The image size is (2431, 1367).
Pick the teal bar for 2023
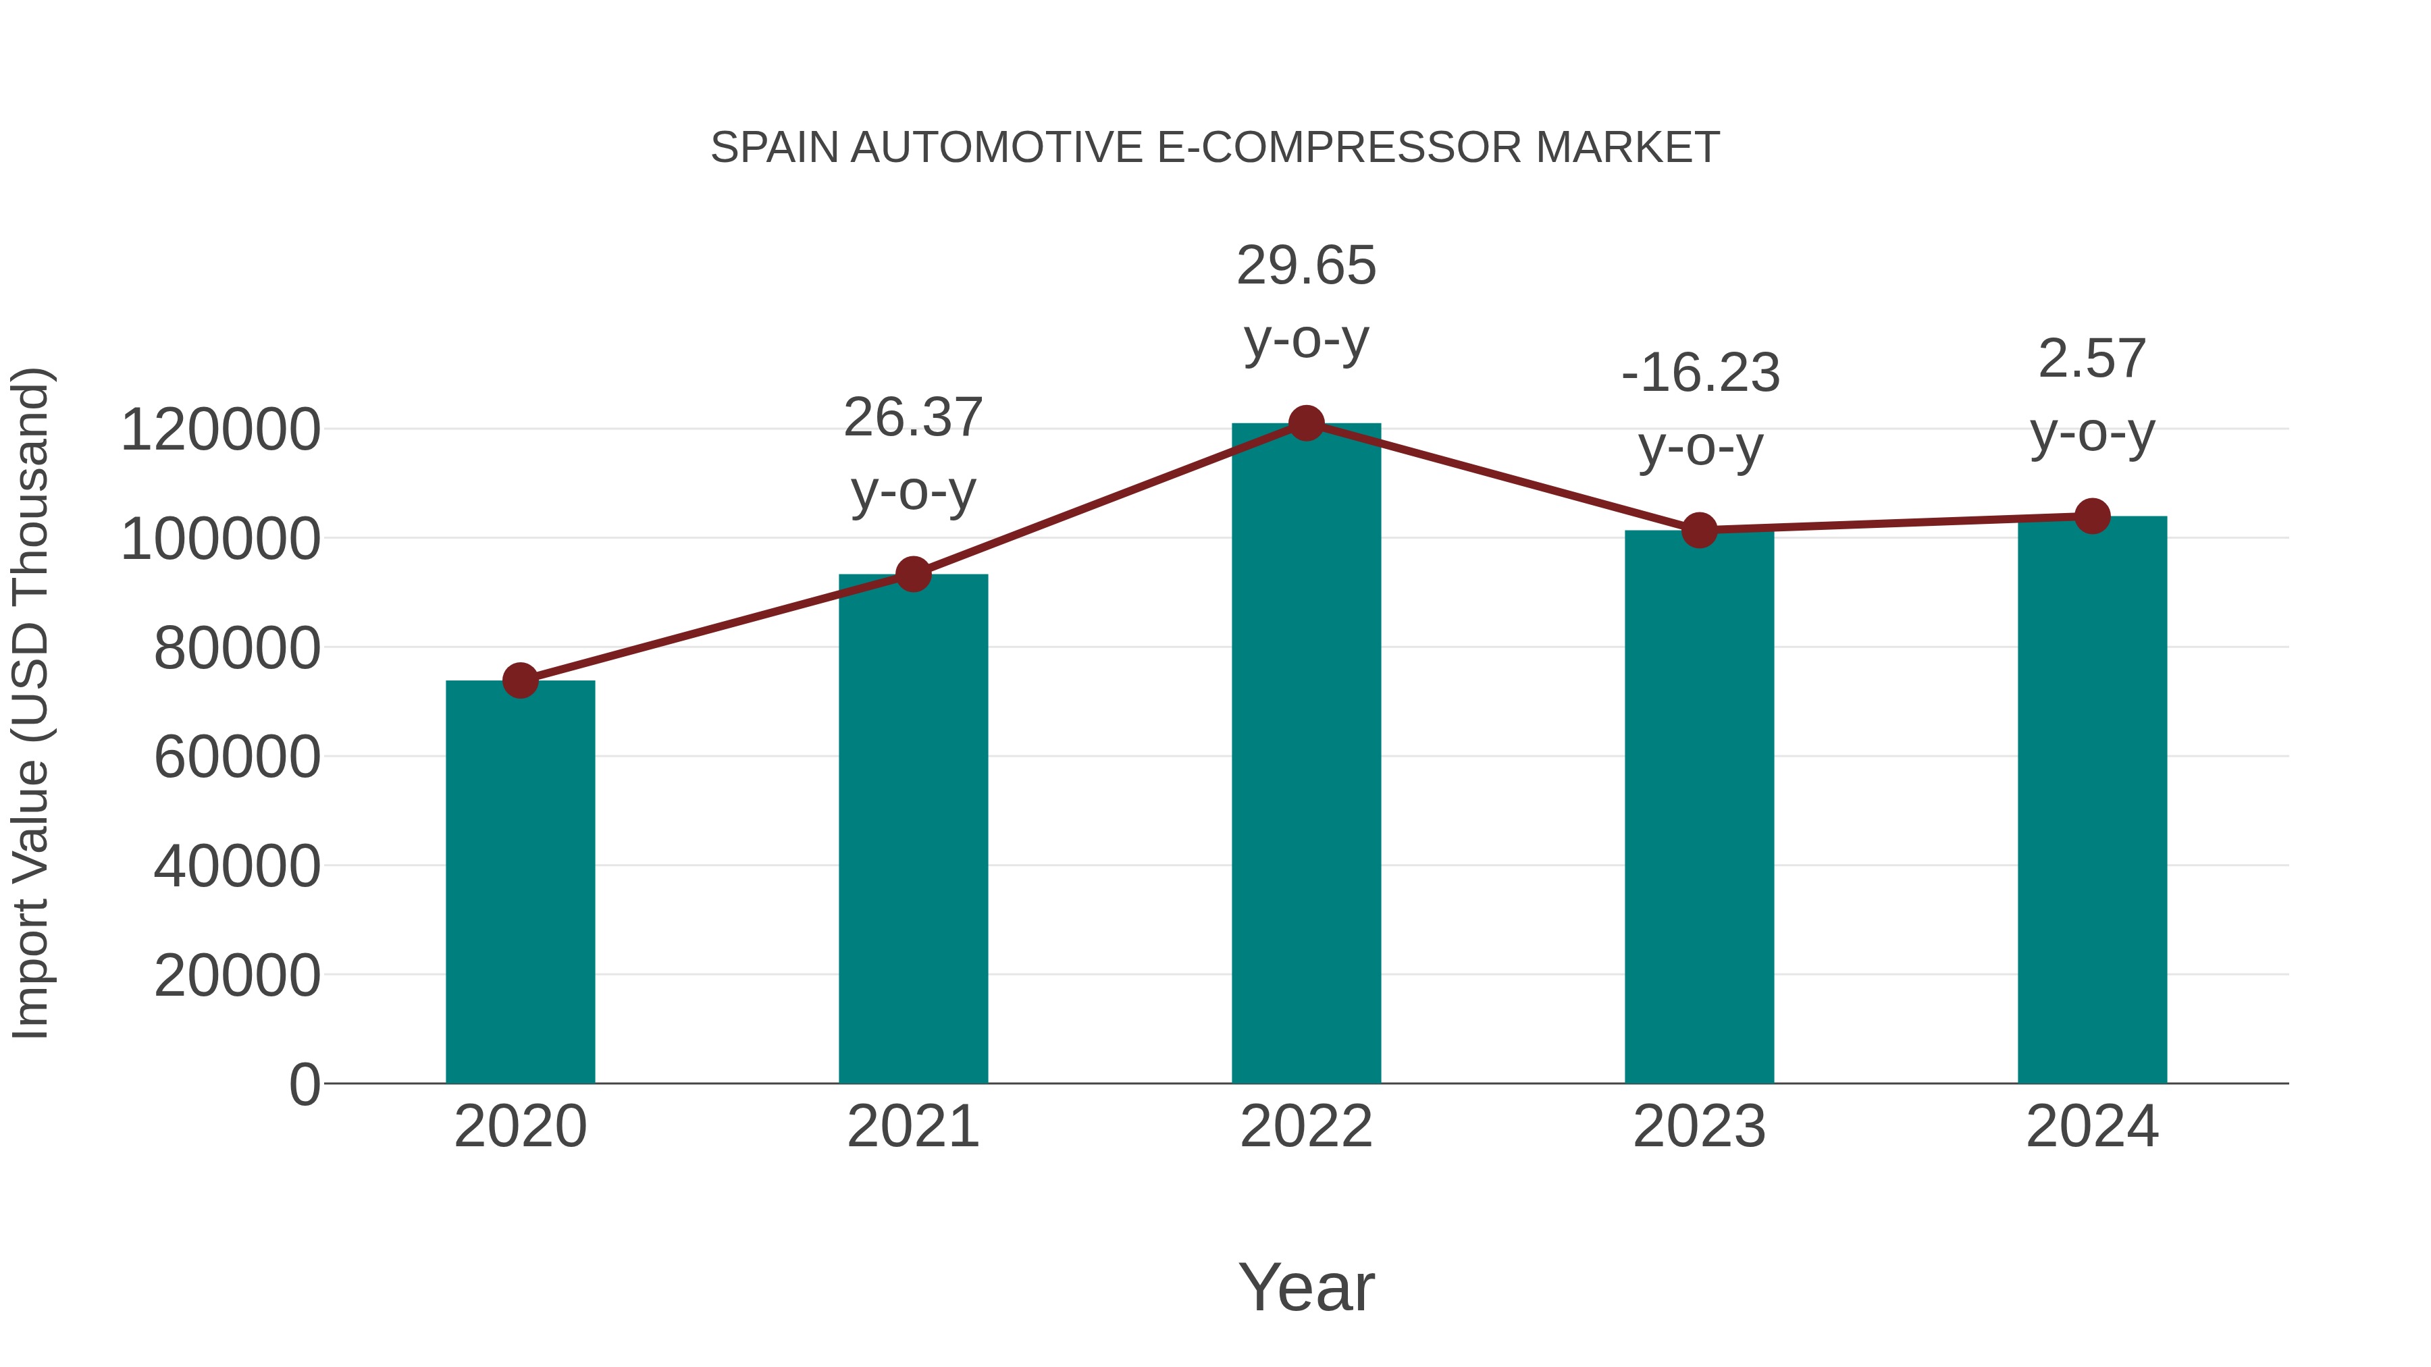tap(1699, 807)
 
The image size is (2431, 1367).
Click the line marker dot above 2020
tap(520, 680)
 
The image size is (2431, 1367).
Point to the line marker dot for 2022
tap(1306, 423)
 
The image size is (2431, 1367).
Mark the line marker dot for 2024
tap(2092, 516)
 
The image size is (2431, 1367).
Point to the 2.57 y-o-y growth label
tap(2092, 396)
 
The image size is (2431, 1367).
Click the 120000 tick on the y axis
tap(221, 430)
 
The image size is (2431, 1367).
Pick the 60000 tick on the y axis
tap(237, 757)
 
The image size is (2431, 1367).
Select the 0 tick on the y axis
tap(304, 1084)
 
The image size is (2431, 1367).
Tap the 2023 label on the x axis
tap(1699, 1127)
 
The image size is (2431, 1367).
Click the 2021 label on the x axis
tap(912, 1127)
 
